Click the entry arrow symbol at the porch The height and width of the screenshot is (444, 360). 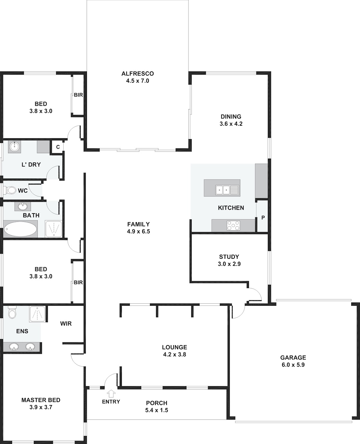(x=111, y=393)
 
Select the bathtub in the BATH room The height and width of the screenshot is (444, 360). (x=20, y=229)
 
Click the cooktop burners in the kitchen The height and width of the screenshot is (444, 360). (x=233, y=225)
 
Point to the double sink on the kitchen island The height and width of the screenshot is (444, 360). (x=228, y=190)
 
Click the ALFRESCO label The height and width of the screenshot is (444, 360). (x=138, y=73)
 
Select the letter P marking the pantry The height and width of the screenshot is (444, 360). (x=263, y=218)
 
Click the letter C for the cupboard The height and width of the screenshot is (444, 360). (x=58, y=147)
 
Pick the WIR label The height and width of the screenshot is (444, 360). (x=66, y=323)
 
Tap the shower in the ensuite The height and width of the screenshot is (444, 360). (x=37, y=314)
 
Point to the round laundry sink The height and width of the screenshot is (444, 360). (x=14, y=146)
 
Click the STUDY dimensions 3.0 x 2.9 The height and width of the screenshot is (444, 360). (x=229, y=264)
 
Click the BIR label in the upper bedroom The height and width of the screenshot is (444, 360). (x=78, y=95)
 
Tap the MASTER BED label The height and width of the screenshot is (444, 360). (x=41, y=400)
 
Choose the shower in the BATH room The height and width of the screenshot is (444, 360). (x=54, y=229)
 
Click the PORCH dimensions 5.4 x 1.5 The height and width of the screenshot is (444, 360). (x=157, y=410)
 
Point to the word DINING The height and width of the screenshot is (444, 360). (x=231, y=117)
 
